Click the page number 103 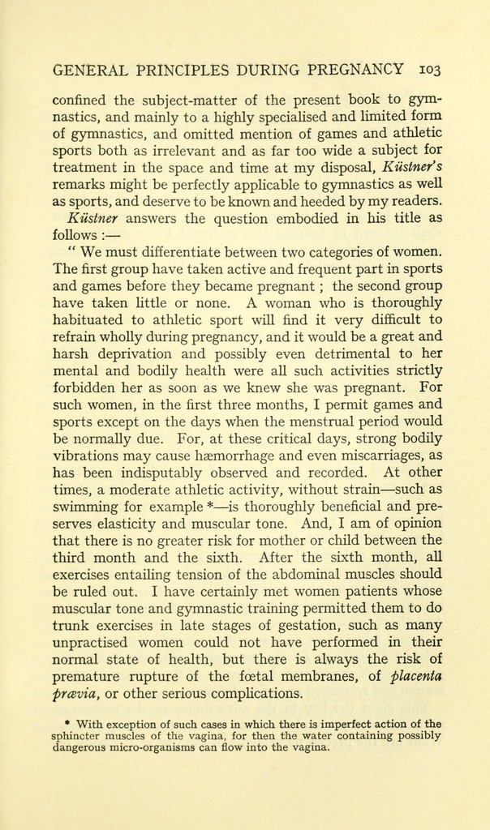pos(426,70)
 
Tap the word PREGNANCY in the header pos(355,70)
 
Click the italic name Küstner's pos(410,168)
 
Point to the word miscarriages pos(385,456)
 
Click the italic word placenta pos(416,676)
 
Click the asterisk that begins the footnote pos(66,723)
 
